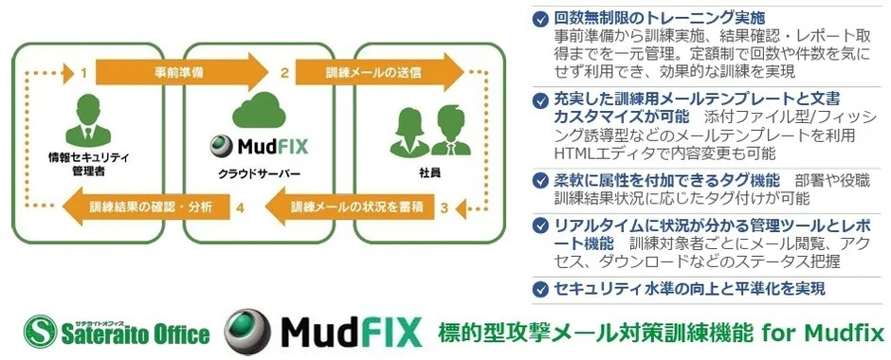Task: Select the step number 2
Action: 282,72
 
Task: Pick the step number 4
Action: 243,206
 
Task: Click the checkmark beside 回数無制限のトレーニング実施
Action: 540,18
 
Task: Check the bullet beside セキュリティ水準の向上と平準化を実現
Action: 540,288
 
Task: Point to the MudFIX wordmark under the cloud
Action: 264,148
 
